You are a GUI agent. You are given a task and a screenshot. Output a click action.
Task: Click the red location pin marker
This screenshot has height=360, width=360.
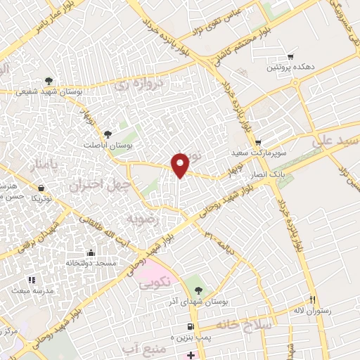[181, 165]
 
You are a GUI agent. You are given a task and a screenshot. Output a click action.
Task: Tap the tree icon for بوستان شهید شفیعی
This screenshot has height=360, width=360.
[49, 81]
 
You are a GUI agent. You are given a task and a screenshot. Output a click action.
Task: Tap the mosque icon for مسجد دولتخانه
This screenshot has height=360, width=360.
[90, 252]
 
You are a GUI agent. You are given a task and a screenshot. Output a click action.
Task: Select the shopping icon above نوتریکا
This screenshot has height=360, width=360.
[41, 188]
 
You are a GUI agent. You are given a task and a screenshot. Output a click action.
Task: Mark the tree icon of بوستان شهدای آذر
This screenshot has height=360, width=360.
[199, 290]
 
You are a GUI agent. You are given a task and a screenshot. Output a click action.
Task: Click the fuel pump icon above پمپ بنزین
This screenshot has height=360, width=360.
[191, 327]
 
